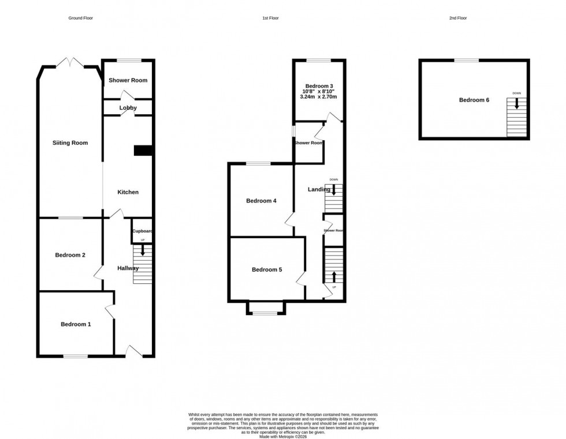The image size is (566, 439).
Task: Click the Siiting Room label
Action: [x=70, y=142]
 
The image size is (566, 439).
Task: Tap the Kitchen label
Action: [x=128, y=192]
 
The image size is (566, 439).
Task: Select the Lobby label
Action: [x=128, y=108]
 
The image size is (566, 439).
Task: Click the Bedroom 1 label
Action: [x=76, y=324]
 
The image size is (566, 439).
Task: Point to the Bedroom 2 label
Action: [x=70, y=255]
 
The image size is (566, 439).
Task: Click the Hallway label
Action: [x=128, y=268]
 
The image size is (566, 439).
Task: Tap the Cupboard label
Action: [x=142, y=231]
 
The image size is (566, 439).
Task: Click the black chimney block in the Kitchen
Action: [x=143, y=151]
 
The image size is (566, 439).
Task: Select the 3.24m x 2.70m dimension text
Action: [x=319, y=97]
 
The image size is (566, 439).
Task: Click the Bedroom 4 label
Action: [x=261, y=201]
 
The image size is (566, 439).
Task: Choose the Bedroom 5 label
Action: [x=267, y=269]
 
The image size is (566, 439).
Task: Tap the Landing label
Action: [x=319, y=189]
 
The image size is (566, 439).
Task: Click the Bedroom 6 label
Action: [x=474, y=100]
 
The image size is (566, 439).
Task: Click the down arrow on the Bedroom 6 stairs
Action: [x=517, y=104]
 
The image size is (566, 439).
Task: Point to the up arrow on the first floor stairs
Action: [x=334, y=277]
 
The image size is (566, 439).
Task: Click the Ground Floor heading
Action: [x=81, y=18]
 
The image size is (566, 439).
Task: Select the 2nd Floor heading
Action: [x=458, y=18]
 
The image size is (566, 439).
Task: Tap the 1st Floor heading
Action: [x=270, y=18]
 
